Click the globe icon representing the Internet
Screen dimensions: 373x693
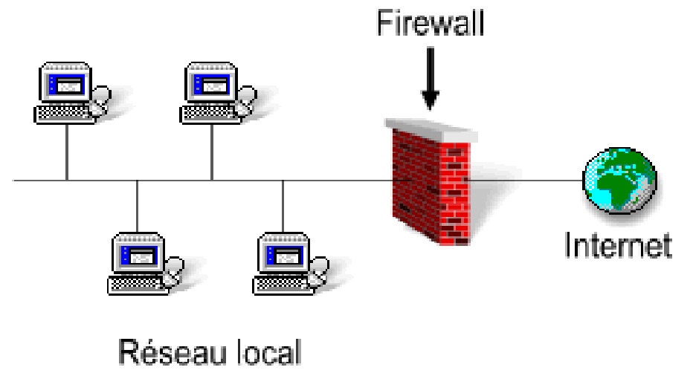pyautogui.click(x=619, y=178)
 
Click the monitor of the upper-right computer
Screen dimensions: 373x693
pyautogui.click(x=207, y=85)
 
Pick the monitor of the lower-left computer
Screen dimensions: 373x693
pyautogui.click(x=135, y=253)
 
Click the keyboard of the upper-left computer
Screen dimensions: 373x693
pyautogui.click(x=62, y=114)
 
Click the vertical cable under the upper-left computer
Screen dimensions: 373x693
pyautogui.click(x=67, y=152)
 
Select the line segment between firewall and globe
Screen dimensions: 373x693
pyautogui.click(x=528, y=180)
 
